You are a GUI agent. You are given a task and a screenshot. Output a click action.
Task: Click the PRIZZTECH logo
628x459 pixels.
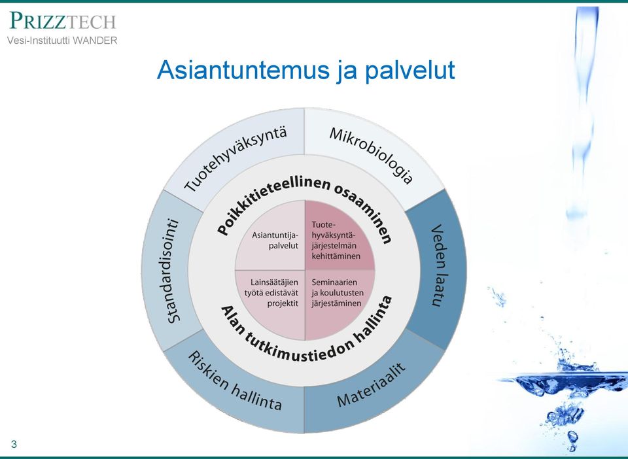click(63, 21)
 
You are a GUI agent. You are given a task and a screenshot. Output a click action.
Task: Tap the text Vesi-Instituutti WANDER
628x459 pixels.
click(62, 41)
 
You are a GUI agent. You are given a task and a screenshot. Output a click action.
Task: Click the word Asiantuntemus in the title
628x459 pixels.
click(243, 70)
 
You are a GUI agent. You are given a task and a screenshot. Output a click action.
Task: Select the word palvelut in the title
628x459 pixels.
click(410, 71)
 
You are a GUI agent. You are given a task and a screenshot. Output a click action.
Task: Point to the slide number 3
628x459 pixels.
click(14, 444)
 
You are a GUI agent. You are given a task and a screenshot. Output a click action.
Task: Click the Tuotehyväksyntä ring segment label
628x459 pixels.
click(235, 159)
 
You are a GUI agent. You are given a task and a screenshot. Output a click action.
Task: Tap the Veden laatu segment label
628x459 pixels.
click(438, 265)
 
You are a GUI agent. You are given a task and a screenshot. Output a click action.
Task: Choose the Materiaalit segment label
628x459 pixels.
click(372, 384)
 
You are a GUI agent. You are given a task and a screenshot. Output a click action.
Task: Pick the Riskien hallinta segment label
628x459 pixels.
click(235, 381)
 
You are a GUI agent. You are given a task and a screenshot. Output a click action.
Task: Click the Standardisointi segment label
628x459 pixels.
click(173, 271)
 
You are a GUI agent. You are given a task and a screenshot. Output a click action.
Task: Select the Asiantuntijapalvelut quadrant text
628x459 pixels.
click(275, 240)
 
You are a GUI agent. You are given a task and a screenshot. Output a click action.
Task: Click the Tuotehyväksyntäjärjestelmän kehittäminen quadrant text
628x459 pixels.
click(336, 241)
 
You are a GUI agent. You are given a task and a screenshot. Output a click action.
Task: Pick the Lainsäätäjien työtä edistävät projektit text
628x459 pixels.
click(271, 293)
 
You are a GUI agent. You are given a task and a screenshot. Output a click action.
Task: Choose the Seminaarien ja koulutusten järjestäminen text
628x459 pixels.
click(338, 293)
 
